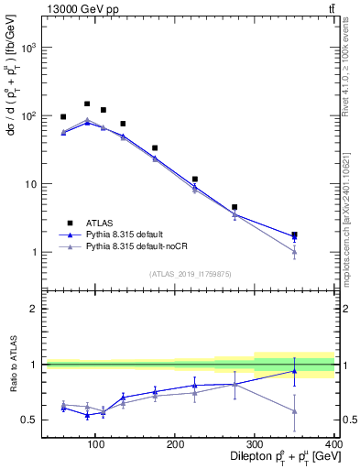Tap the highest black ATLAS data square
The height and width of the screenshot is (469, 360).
tap(87, 104)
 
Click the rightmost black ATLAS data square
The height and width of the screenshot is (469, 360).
tap(320, 235)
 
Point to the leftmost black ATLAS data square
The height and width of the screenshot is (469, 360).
tap(63, 117)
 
